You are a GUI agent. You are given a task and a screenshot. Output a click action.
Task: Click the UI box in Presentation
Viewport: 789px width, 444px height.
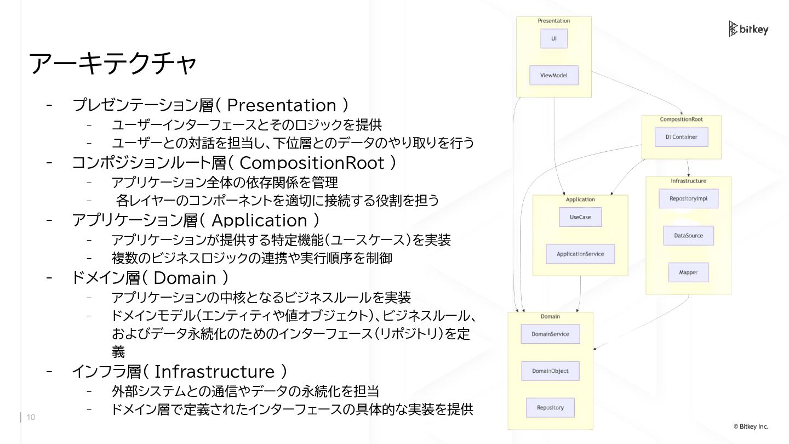pos(554,39)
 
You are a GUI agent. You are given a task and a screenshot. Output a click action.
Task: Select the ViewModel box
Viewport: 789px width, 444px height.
pos(554,75)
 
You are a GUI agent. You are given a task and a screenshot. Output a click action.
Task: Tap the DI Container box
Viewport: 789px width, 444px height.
pos(682,137)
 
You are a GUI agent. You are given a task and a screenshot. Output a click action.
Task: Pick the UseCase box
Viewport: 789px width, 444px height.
pos(580,217)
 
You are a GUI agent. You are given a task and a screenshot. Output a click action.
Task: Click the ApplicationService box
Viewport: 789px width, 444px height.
pos(580,254)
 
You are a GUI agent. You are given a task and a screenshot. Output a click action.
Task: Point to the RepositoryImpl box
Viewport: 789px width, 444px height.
pos(688,198)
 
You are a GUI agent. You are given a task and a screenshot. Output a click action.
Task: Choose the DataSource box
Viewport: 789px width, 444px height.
pos(688,236)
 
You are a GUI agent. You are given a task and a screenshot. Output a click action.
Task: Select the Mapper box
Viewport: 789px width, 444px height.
pos(688,272)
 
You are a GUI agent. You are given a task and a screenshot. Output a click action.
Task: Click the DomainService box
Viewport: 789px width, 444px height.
pos(550,334)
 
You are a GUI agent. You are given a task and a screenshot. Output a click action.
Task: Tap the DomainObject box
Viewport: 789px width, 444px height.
pos(550,371)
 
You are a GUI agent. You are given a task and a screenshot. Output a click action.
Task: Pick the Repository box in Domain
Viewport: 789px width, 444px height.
pos(550,408)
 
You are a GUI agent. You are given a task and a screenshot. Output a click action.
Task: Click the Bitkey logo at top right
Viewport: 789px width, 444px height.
pos(748,29)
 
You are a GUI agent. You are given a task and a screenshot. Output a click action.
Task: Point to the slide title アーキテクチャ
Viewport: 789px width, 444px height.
pos(112,64)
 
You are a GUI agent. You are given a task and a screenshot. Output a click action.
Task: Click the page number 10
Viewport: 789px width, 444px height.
pos(31,418)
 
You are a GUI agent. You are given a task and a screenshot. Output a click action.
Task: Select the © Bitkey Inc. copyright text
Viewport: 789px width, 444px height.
pos(751,426)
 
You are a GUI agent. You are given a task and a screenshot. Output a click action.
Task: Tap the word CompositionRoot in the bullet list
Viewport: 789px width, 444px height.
pos(312,163)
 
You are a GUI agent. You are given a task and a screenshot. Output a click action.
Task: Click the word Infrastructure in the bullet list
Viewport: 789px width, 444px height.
pos(214,372)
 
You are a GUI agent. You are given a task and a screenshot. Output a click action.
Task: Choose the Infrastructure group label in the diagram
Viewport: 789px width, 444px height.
pos(688,181)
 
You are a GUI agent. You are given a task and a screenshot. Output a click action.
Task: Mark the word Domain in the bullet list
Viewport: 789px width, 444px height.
pos(185,278)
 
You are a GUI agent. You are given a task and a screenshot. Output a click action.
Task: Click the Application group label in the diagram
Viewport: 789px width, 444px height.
pos(580,200)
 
